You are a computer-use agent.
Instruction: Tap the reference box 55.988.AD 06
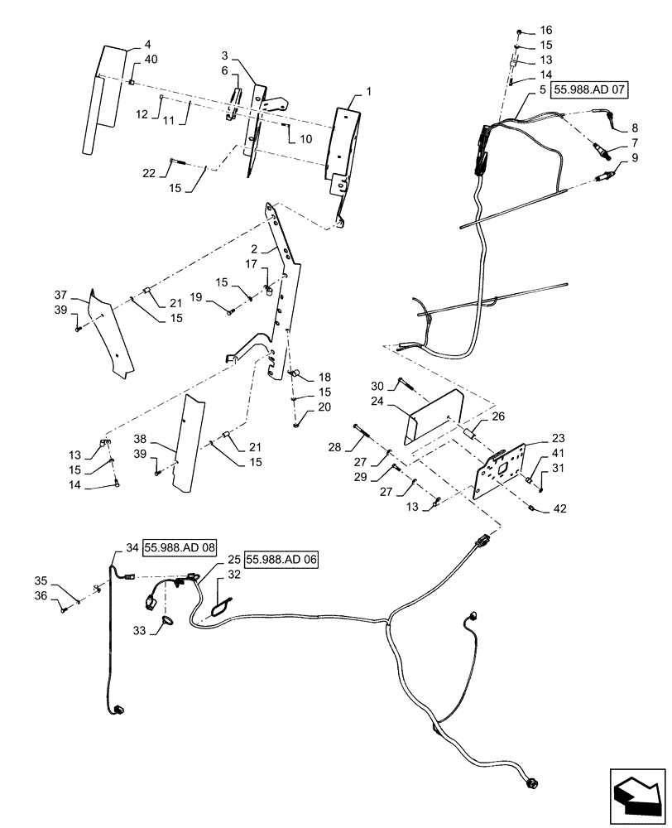click(x=281, y=560)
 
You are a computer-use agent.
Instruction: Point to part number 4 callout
click(x=147, y=44)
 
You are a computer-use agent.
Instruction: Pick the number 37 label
click(x=60, y=296)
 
